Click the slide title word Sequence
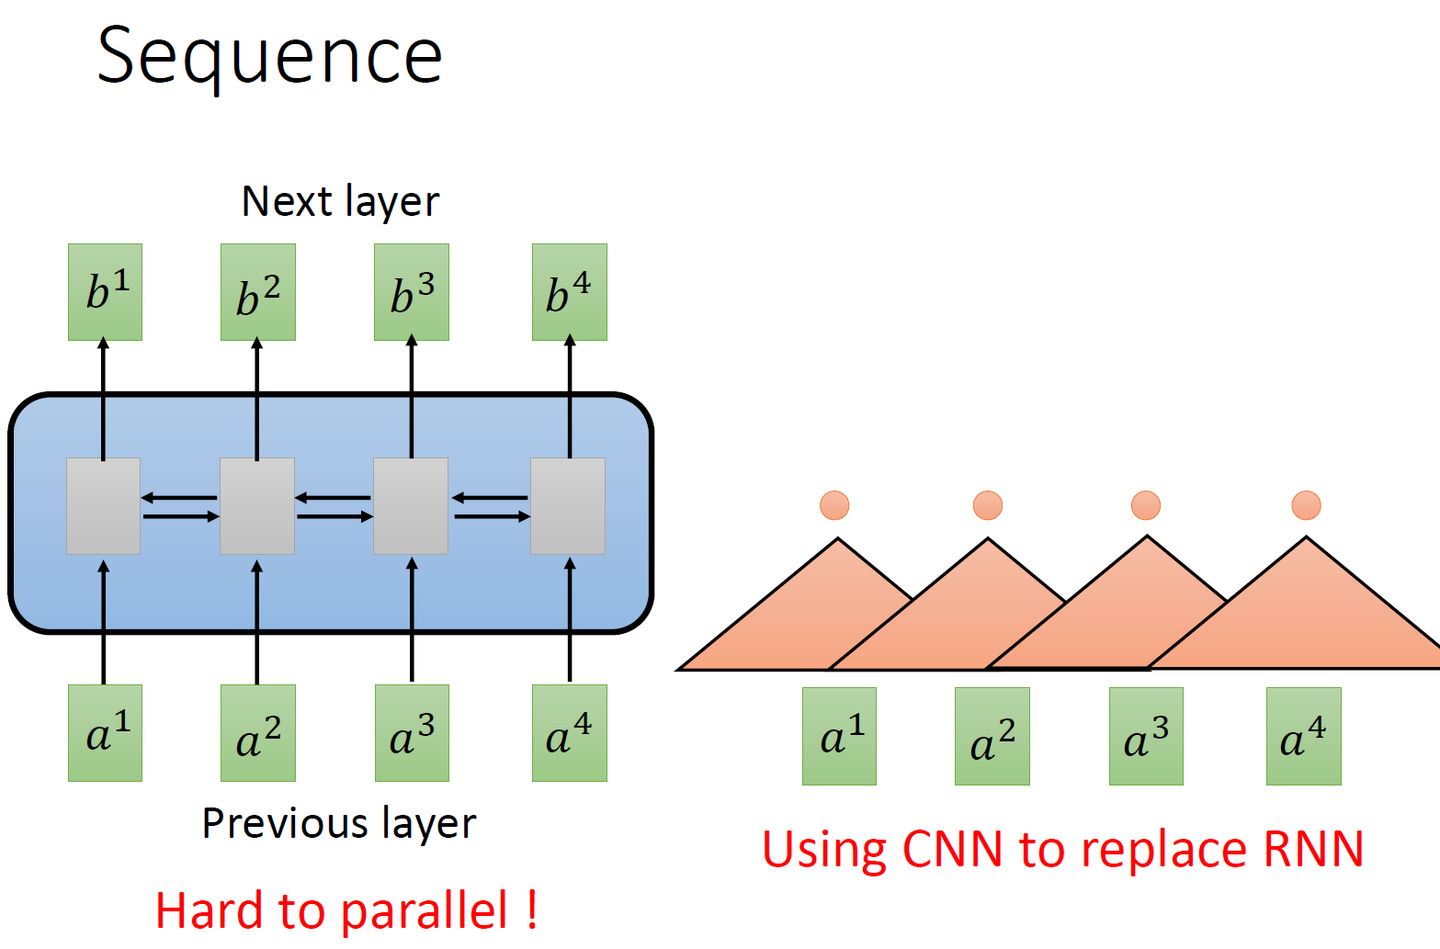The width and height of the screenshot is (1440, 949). [x=269, y=58]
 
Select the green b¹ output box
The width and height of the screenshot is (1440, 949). [x=105, y=292]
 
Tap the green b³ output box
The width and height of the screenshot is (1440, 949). [x=411, y=292]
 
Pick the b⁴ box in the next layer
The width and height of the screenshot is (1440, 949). [x=570, y=292]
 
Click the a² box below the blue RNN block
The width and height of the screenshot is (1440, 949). [x=258, y=733]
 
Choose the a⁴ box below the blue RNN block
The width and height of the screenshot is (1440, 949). [x=570, y=733]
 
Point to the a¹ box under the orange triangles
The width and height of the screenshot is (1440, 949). [x=839, y=736]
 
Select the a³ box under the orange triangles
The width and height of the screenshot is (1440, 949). [x=1146, y=736]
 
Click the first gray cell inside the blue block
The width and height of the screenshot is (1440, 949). [x=104, y=506]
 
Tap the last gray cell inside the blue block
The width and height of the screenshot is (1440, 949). [x=568, y=506]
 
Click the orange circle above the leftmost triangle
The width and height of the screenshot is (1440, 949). [x=834, y=505]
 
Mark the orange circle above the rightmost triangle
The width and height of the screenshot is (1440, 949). [x=1306, y=505]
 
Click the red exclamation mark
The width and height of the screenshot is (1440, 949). [x=532, y=909]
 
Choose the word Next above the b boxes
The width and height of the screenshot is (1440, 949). [x=285, y=201]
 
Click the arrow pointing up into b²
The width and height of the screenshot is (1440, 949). [x=257, y=399]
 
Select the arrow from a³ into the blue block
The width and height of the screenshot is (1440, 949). [x=412, y=620]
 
